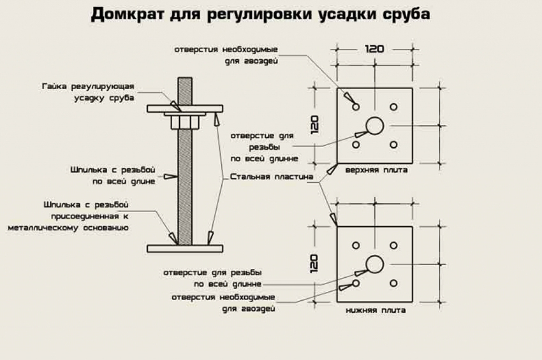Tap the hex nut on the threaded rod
click(x=185, y=120)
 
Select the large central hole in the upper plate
click(x=374, y=125)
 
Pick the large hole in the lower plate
click(x=374, y=263)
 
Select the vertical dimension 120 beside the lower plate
click(x=314, y=263)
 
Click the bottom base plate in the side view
click(x=185, y=247)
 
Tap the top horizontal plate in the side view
click(x=185, y=109)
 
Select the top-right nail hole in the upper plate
click(x=395, y=105)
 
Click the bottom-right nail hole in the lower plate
click(x=395, y=283)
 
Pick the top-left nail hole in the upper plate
click(x=355, y=105)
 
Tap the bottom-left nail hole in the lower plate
click(x=355, y=283)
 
